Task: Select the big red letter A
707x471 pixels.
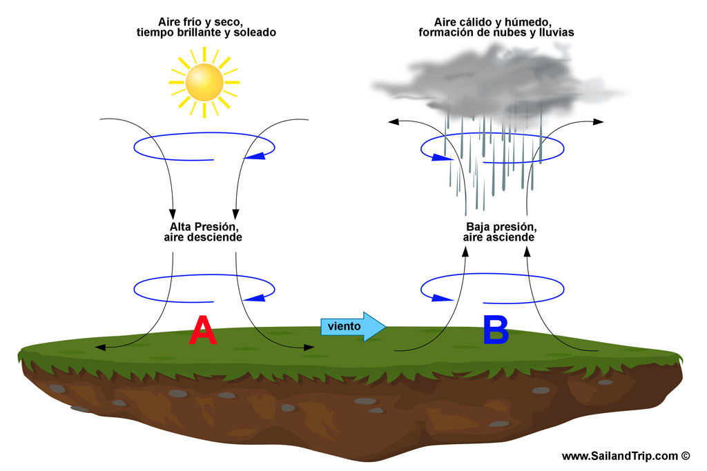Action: click(x=203, y=330)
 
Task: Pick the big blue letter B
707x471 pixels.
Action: click(x=496, y=330)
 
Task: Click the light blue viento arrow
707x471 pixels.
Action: click(x=353, y=326)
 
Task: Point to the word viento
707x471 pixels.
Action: click(x=344, y=326)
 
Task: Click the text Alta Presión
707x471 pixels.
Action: click(x=205, y=227)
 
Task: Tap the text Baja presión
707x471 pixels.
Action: click(x=501, y=227)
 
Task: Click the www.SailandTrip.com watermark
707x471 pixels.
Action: click(x=626, y=456)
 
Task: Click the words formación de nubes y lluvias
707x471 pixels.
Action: click(x=496, y=32)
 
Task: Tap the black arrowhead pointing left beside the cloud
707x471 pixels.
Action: click(x=394, y=122)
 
